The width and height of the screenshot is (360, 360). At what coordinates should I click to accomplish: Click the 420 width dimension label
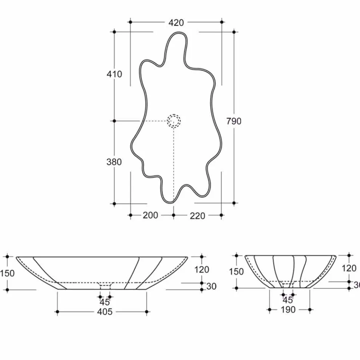pyautogui.click(x=176, y=23)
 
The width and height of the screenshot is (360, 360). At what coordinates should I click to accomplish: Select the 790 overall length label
pyautogui.click(x=234, y=121)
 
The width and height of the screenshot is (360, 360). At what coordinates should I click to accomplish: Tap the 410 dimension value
pyautogui.click(x=114, y=74)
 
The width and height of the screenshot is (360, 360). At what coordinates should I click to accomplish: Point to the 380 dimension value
pyautogui.click(x=114, y=162)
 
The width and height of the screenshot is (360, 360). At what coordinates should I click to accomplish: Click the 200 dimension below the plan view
pyautogui.click(x=151, y=215)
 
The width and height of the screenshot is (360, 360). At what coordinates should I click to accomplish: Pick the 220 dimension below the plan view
pyautogui.click(x=197, y=216)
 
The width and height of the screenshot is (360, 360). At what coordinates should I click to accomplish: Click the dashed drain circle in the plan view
pyautogui.click(x=174, y=121)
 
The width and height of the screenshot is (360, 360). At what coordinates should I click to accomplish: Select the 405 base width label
pyautogui.click(x=105, y=312)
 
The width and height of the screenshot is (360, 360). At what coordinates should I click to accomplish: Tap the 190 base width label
pyautogui.click(x=288, y=309)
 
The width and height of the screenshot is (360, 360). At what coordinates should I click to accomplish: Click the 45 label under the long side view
pyautogui.click(x=105, y=302)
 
